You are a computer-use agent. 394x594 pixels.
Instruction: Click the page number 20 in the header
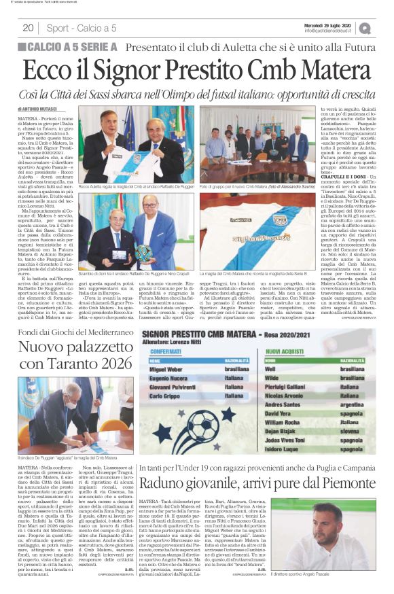[x=29, y=28]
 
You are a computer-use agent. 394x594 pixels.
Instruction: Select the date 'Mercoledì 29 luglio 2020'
[x=327, y=24]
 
